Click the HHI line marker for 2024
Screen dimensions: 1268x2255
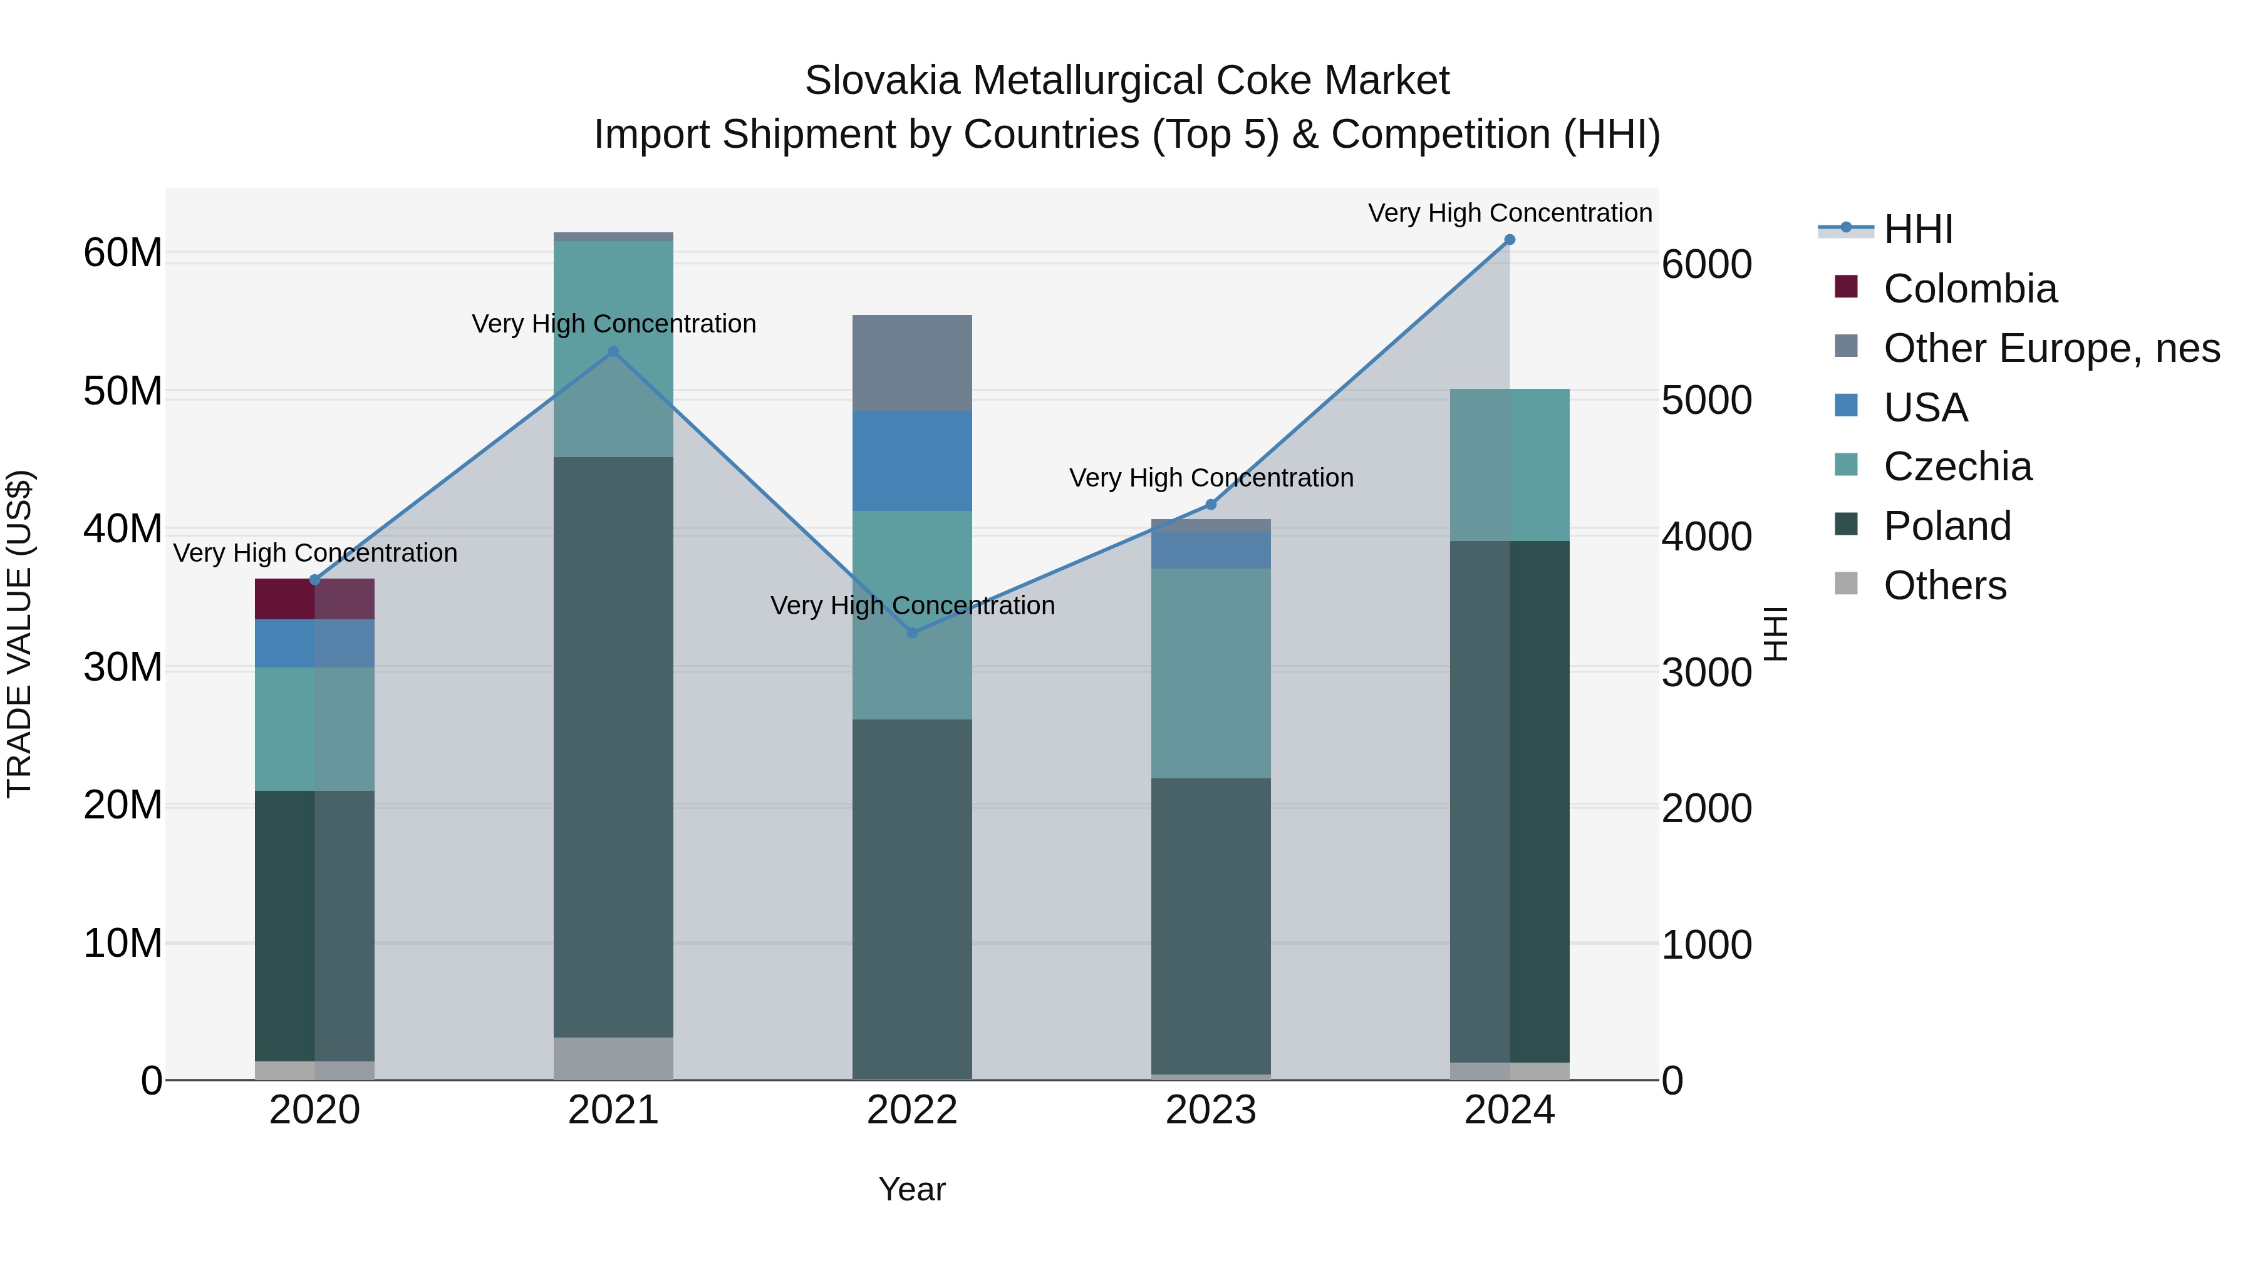pos(1509,240)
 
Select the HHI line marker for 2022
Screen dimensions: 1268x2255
pos(912,632)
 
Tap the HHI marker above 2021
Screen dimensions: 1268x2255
pos(613,352)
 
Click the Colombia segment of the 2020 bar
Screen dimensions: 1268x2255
pos(314,599)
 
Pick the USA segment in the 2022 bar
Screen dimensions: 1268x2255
pos(912,461)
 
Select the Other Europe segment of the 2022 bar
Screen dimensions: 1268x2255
pos(912,363)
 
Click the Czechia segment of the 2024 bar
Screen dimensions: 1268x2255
pos(1509,465)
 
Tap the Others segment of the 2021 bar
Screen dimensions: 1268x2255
pos(613,1058)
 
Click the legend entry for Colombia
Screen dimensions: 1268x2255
pos(1969,289)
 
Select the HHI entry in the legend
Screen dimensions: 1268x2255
pos(1917,229)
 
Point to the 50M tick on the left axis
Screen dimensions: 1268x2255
pos(123,391)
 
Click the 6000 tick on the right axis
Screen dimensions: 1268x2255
pos(1707,264)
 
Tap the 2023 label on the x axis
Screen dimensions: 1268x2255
pos(1211,1110)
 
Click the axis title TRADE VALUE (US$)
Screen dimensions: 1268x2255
pos(19,634)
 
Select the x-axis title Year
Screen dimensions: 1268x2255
pos(912,1189)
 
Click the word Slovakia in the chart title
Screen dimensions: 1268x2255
pos(884,81)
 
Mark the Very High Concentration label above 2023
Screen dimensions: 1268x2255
pos(1211,478)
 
